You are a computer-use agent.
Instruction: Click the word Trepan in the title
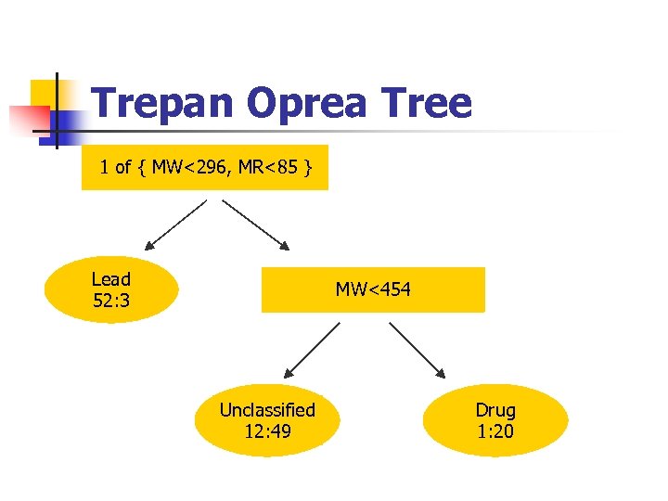coord(163,103)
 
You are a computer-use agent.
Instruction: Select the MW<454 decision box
coord(373,289)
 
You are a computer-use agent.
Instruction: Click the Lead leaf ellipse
coord(110,289)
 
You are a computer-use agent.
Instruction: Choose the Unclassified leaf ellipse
coord(267,420)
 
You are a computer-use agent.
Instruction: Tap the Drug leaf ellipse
coord(495,420)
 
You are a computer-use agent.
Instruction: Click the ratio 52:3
coord(111,301)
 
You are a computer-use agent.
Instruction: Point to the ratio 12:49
coord(267,431)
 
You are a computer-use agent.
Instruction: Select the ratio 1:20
coord(495,431)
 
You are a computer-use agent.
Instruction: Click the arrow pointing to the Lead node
coord(176,225)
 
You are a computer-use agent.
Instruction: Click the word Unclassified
coord(267,409)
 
